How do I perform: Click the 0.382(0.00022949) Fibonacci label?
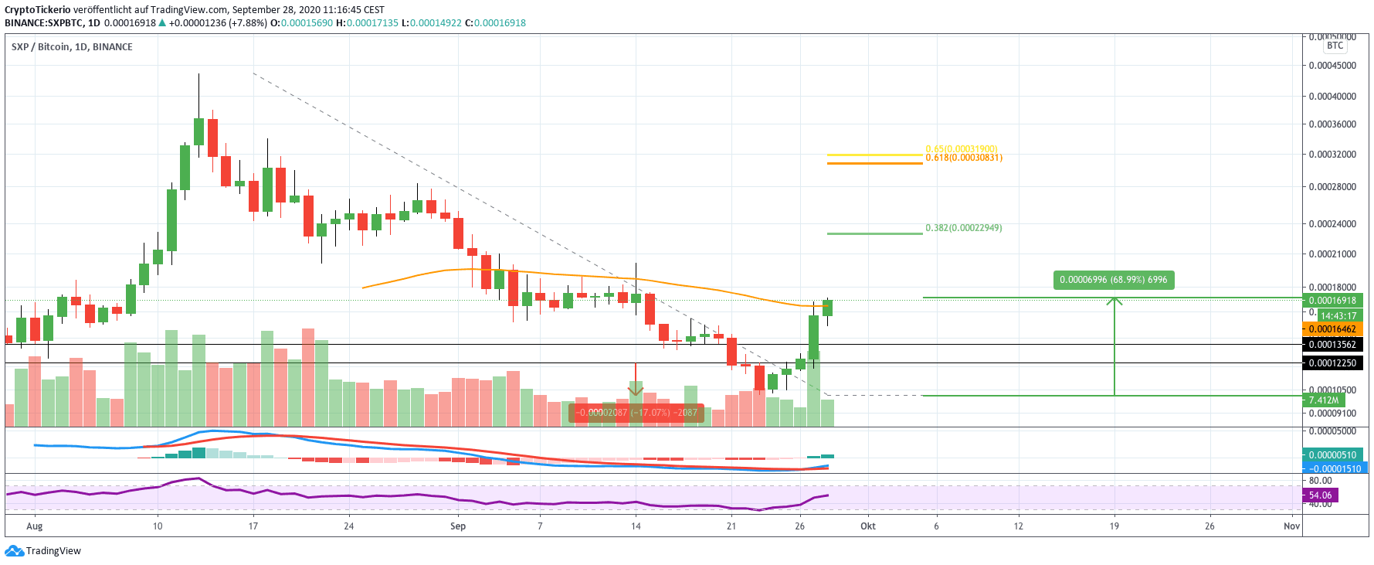tap(963, 228)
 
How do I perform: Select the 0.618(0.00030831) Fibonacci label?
tap(963, 158)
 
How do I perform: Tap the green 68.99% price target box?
tap(1113, 280)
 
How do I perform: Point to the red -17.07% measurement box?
tap(636, 413)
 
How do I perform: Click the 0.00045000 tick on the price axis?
tap(1332, 66)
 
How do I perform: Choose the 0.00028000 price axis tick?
tap(1332, 187)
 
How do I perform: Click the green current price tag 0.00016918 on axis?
tap(1332, 301)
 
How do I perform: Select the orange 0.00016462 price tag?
tap(1332, 329)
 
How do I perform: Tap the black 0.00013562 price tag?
tap(1332, 345)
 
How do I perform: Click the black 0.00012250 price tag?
tap(1332, 363)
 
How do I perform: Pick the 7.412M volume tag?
tap(1323, 400)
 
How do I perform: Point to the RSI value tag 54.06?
tap(1320, 495)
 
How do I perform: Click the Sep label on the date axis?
tap(458, 526)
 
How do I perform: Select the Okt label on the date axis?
tap(868, 526)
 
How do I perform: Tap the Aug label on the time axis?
tap(35, 526)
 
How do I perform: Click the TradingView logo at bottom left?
tap(43, 551)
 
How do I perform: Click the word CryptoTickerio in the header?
tap(38, 10)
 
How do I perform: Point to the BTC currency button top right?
tap(1335, 46)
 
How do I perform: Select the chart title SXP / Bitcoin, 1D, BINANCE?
tap(72, 47)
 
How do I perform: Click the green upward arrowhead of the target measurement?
tap(1114, 301)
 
